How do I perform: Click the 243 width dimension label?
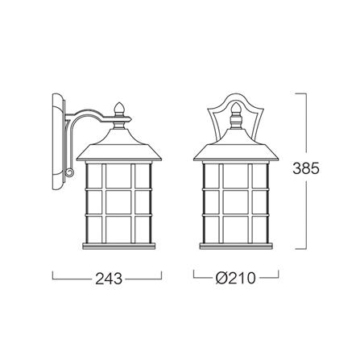(x=109, y=279)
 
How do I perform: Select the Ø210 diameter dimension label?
(x=235, y=278)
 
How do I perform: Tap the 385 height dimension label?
(x=306, y=168)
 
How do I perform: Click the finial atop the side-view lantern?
(x=118, y=110)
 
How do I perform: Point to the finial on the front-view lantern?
(x=235, y=110)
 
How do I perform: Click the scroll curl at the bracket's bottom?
(x=70, y=172)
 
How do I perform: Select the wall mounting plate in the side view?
(x=59, y=142)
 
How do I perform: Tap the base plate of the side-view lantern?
(x=118, y=246)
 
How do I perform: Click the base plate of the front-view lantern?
(x=236, y=246)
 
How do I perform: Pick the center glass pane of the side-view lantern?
(x=118, y=202)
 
